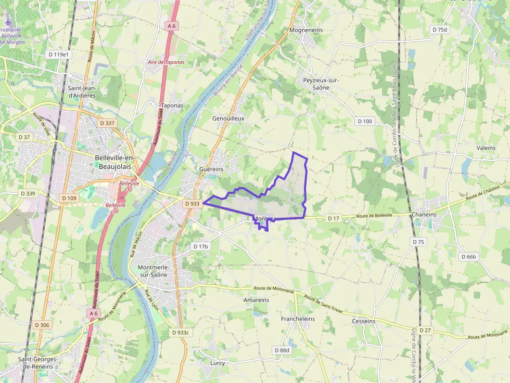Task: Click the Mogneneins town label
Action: (x=306, y=30)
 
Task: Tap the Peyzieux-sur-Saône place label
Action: (x=321, y=84)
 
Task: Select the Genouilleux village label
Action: (x=228, y=118)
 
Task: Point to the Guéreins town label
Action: (x=211, y=169)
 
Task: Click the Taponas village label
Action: (x=172, y=105)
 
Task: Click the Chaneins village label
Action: (x=424, y=215)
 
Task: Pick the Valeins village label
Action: (x=486, y=148)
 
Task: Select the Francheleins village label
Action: (x=298, y=319)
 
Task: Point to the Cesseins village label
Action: (x=363, y=321)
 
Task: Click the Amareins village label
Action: (x=256, y=300)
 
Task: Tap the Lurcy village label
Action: (x=218, y=363)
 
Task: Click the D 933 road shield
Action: (x=192, y=204)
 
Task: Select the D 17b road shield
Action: (x=200, y=246)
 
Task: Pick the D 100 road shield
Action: (x=365, y=121)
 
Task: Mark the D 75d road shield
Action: (x=440, y=30)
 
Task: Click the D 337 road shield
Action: (x=107, y=123)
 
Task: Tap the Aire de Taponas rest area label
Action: (x=166, y=62)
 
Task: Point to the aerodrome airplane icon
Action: (x=7, y=22)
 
